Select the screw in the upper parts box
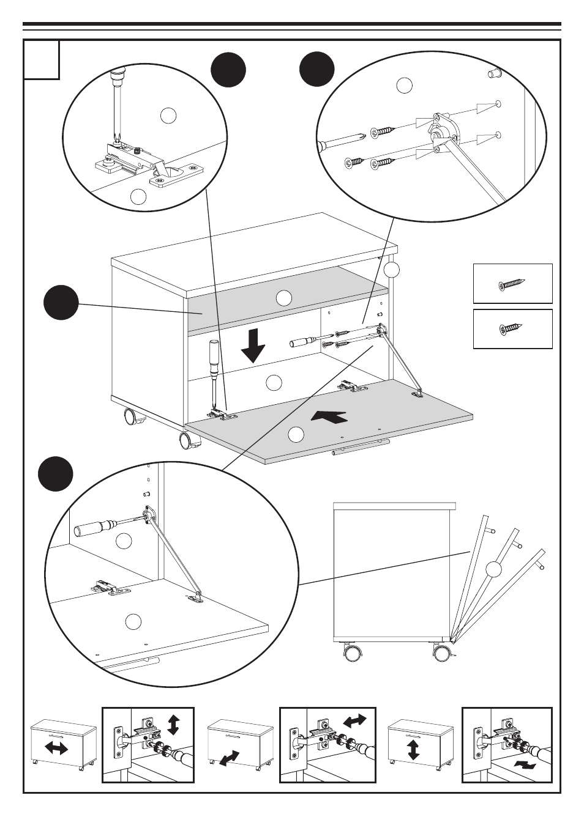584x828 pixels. point(512,284)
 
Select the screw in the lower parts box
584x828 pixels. point(512,329)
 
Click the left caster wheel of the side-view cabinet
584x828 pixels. point(352,653)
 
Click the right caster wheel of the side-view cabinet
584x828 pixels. point(441,652)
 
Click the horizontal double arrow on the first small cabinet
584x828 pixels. point(56,748)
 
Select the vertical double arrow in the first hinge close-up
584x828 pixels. point(173,724)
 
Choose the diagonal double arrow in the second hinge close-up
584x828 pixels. point(355,720)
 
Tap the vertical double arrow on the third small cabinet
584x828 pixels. point(413,749)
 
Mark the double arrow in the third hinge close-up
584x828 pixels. point(525,765)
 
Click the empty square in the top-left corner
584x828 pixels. point(42,60)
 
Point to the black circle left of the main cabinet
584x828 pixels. point(61,302)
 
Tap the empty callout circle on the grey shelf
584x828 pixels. point(283,298)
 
